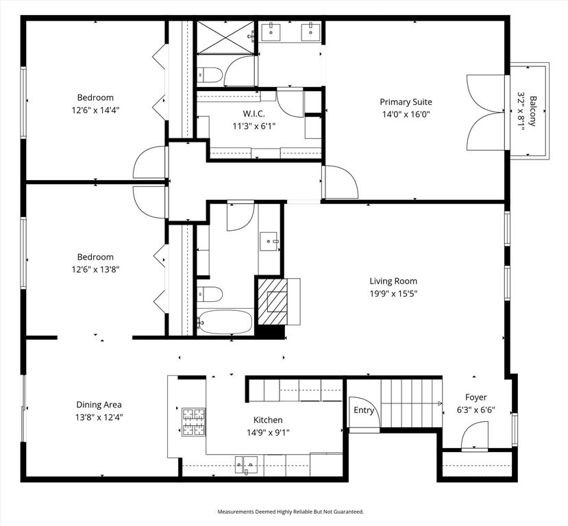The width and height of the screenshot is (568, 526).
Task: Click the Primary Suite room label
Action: coord(406,102)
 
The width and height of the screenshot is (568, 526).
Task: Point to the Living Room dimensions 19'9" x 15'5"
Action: coord(393,294)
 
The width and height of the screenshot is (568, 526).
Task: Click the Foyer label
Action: coord(476,397)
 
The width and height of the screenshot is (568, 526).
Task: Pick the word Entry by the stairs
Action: coord(364,410)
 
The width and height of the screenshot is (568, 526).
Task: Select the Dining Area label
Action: coord(99,405)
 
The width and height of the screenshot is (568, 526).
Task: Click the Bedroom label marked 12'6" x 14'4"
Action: coord(95,97)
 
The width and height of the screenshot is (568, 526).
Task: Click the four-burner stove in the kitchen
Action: coord(193,422)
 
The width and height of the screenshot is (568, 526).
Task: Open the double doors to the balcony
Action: coord(486,113)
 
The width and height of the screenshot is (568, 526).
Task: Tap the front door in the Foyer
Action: coord(474,437)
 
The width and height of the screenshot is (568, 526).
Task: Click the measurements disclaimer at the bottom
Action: coord(291,512)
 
